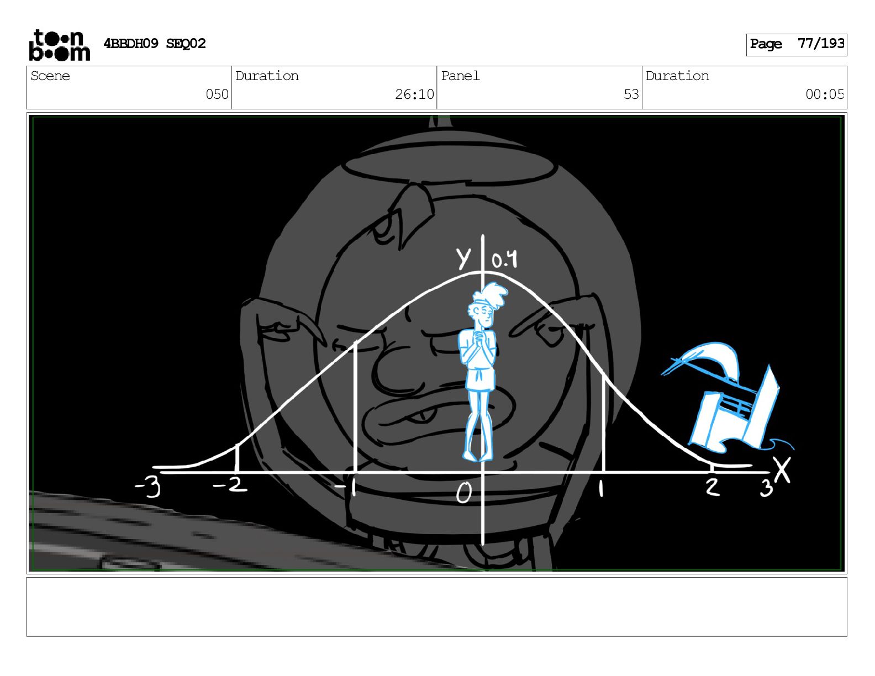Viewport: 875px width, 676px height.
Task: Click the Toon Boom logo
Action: point(60,45)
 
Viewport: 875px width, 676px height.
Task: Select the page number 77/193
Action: point(820,43)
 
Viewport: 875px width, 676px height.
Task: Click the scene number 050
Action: point(217,94)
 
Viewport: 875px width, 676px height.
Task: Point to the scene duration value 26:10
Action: point(414,94)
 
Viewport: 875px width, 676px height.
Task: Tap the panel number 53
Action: point(631,94)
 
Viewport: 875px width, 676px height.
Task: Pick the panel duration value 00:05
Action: point(824,94)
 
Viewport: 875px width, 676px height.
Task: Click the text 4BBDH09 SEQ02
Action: point(155,43)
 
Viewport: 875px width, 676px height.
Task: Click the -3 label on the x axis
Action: point(148,488)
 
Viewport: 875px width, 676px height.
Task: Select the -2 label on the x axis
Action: point(230,485)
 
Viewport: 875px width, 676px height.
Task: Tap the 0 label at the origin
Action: point(463,493)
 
